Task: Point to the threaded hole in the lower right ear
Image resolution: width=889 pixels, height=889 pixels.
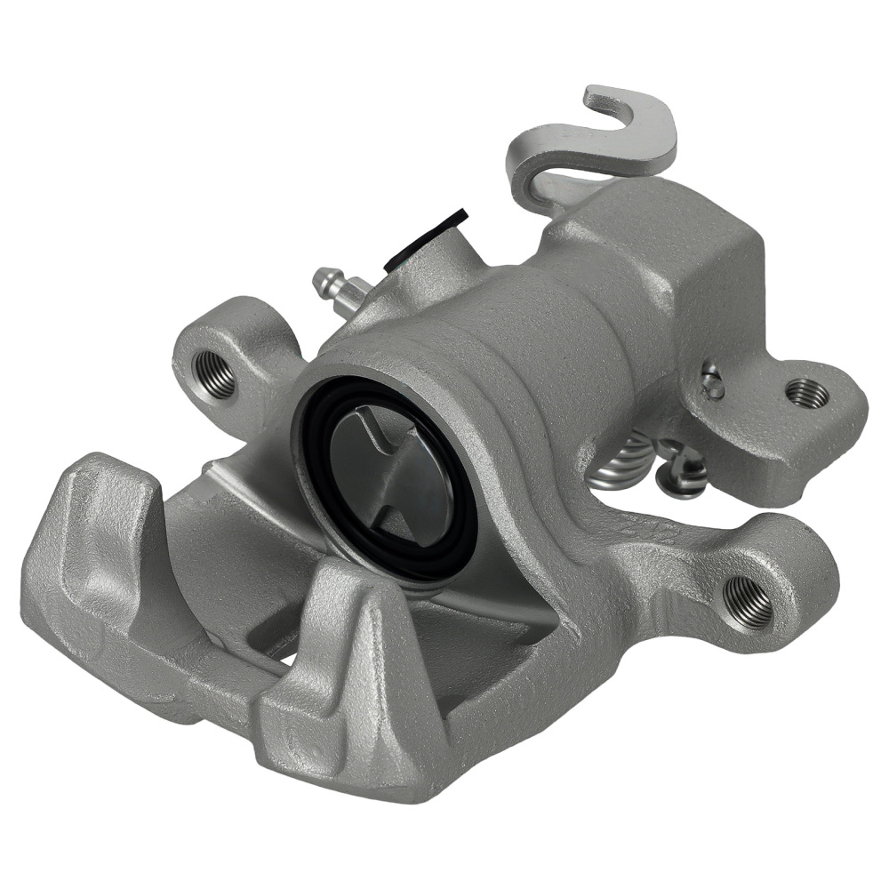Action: click(748, 602)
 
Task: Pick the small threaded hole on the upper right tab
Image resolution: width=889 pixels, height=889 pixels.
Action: click(807, 392)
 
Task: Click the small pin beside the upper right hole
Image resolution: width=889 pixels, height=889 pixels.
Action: click(711, 382)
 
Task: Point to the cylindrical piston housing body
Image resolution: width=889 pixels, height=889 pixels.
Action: click(516, 356)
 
